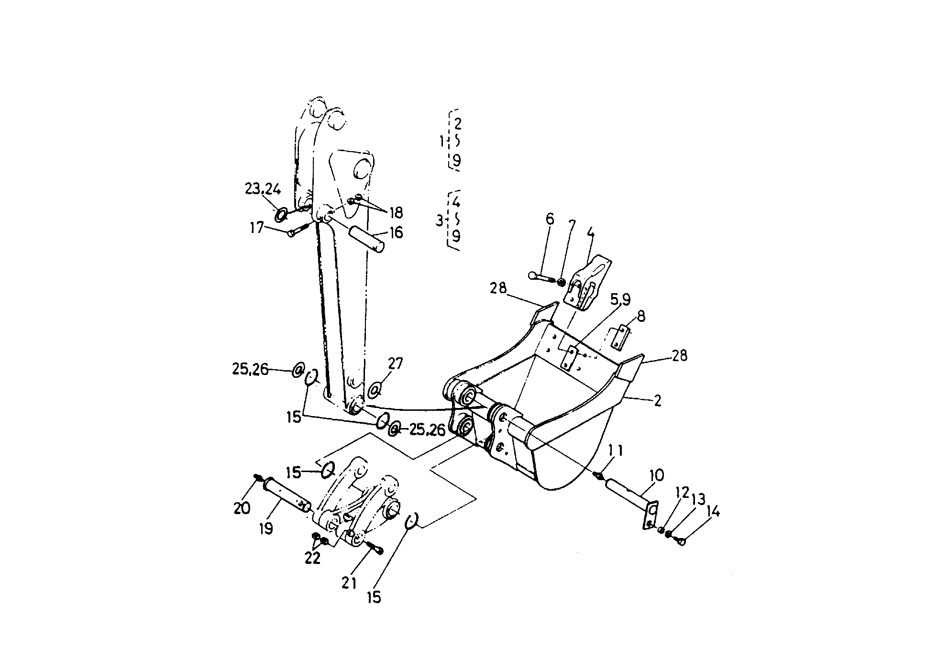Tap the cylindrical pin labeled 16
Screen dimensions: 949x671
367,240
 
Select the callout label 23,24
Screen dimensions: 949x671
263,189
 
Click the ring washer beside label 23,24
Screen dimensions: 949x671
281,215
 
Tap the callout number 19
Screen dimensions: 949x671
266,528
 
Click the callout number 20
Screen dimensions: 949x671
242,507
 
